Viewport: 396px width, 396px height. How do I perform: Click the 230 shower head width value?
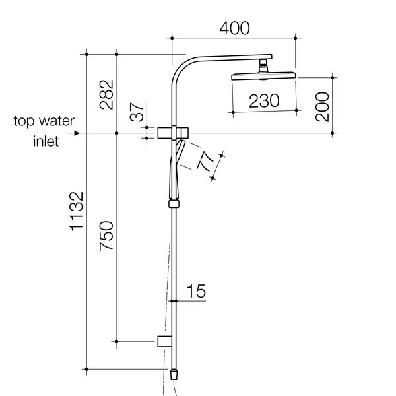(264, 100)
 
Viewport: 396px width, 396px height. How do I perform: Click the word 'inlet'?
(46, 141)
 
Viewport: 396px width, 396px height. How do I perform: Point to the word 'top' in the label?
(26, 121)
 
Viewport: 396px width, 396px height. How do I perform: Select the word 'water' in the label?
(59, 121)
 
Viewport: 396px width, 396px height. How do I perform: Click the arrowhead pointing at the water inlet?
(77, 133)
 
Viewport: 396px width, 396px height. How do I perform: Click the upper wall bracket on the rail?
(174, 133)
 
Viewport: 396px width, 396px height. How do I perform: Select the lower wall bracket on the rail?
(165, 341)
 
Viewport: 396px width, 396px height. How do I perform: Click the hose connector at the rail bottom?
(174, 373)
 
